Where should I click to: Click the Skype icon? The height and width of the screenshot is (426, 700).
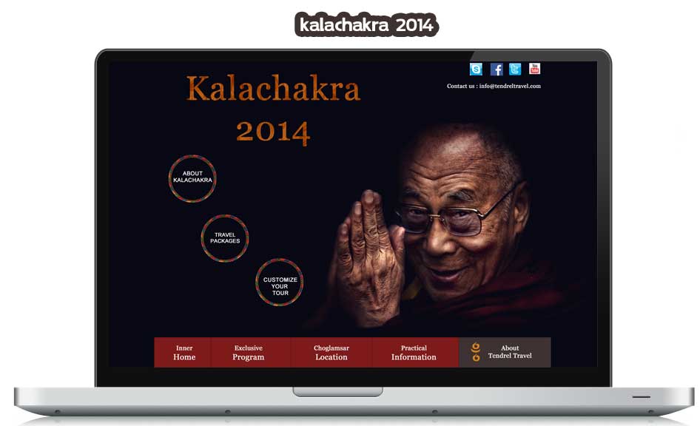[476, 69]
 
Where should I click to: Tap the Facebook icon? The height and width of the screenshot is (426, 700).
[497, 69]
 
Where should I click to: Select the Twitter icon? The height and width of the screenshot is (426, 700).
[515, 69]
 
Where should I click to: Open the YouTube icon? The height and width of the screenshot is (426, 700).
[534, 69]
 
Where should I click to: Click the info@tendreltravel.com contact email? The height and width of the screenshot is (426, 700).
[510, 86]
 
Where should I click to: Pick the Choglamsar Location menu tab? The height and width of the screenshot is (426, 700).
[332, 352]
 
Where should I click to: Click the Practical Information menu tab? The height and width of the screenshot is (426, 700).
[414, 352]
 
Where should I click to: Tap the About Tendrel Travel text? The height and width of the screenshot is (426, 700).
[510, 352]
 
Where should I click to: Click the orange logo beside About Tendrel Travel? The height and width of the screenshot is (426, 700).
[476, 352]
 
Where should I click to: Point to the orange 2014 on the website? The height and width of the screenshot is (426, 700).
[273, 132]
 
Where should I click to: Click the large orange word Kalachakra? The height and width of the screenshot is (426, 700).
[273, 88]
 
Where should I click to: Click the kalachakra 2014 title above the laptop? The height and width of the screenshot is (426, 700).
[366, 24]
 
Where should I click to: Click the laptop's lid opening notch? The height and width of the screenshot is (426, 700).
[338, 392]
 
